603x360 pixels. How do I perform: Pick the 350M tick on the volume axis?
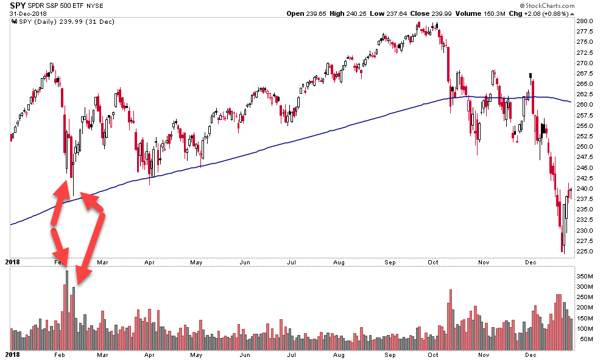[585, 276]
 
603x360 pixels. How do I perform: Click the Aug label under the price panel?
[339, 263]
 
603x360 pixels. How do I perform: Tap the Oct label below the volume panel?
[433, 354]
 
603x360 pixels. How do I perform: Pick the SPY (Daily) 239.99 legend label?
[54, 22]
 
